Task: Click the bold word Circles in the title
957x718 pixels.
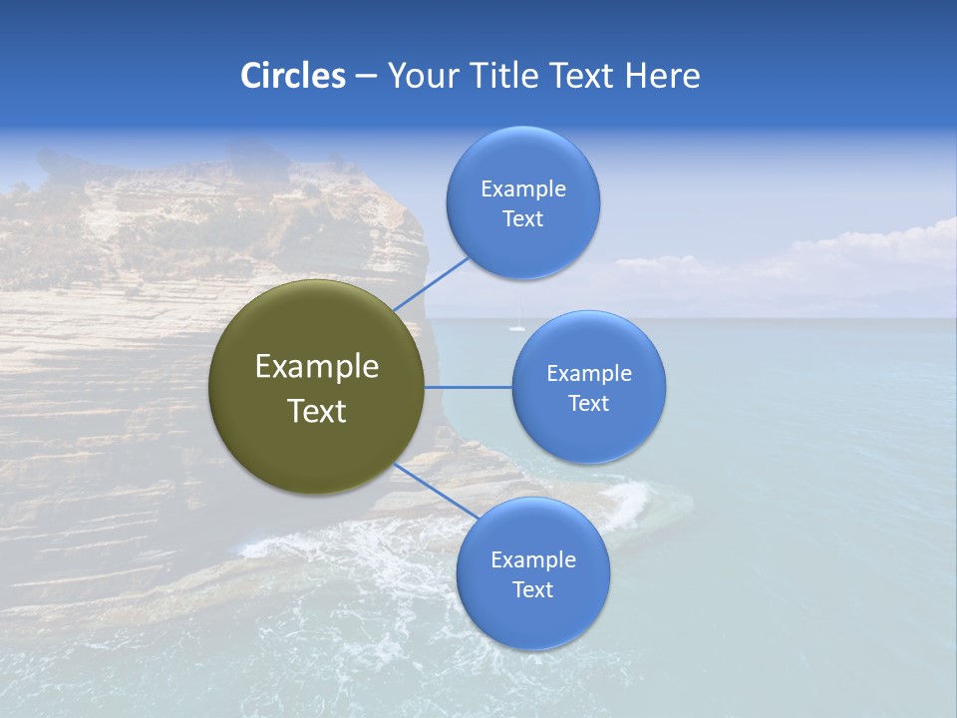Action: pos(293,76)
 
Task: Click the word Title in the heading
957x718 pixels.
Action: pos(506,76)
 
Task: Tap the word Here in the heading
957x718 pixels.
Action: pos(663,76)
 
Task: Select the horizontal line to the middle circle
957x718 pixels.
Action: pos(469,387)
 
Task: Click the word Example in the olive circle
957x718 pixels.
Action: pos(316,367)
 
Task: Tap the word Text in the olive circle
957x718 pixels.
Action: pos(316,411)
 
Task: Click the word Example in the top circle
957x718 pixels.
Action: pos(523,189)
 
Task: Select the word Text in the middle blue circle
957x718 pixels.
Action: pos(589,403)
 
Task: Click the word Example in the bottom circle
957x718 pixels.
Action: pos(532,559)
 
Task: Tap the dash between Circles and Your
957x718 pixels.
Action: pos(366,76)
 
